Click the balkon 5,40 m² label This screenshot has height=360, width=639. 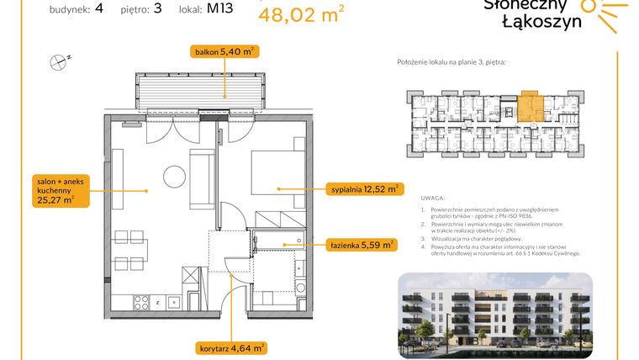point(224,52)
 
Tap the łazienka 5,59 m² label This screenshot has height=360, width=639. point(362,246)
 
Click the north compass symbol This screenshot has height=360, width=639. point(58,60)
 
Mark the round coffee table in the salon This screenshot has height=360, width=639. point(174,177)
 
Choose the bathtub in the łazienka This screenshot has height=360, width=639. point(272,240)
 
